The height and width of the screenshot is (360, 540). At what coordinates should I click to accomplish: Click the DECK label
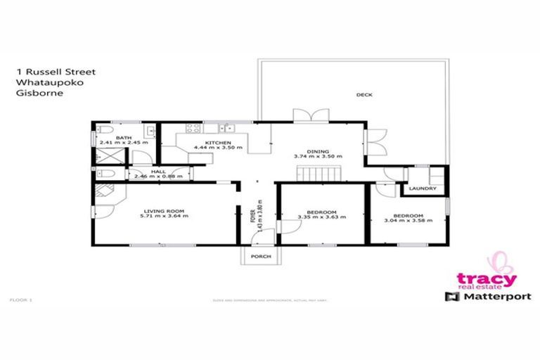(364, 94)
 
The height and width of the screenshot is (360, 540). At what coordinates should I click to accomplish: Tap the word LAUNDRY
(422, 188)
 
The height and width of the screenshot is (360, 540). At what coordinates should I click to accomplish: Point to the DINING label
(317, 150)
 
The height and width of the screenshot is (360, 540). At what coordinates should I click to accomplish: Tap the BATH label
(124, 137)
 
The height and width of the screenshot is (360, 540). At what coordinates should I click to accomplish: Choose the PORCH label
(262, 258)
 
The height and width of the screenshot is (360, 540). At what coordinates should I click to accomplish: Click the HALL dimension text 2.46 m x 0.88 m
(153, 176)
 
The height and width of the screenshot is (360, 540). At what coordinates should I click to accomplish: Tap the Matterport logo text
(486, 297)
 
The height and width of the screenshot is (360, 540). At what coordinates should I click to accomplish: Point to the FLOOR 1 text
(22, 300)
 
